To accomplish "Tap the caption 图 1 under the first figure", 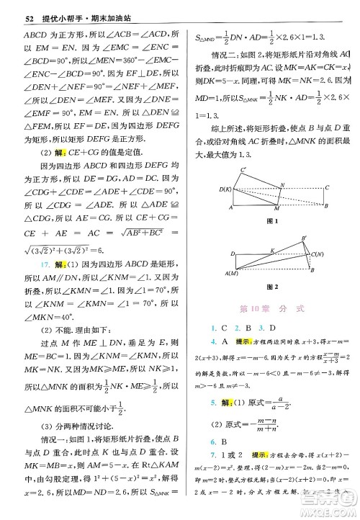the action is (273, 219).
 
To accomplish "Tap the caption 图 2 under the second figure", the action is (273, 287).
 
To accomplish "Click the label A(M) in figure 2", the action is (232, 274).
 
